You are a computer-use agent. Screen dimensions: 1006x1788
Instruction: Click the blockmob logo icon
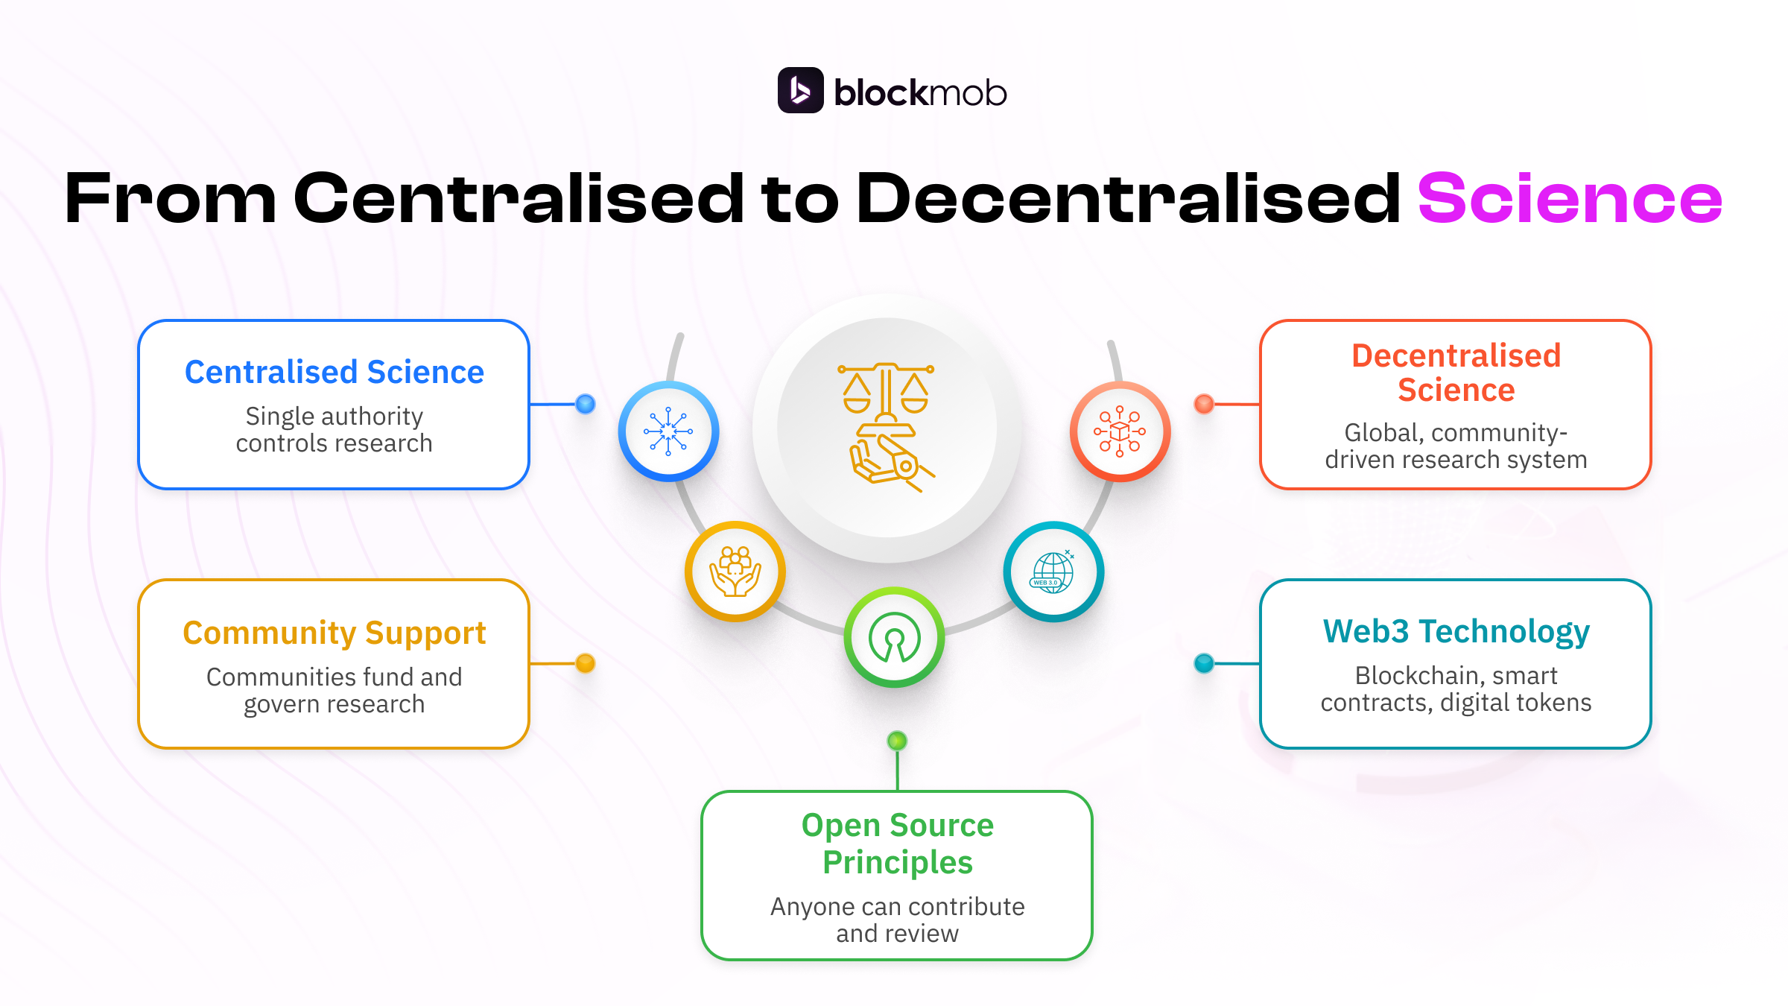click(800, 90)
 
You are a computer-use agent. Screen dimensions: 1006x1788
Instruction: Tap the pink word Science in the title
click(1570, 198)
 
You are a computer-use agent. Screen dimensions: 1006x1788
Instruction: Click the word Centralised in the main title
click(519, 198)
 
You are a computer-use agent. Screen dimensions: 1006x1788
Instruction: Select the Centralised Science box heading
click(335, 372)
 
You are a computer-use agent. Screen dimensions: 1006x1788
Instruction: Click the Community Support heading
click(335, 633)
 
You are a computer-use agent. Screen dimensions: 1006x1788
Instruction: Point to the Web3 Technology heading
click(1456, 631)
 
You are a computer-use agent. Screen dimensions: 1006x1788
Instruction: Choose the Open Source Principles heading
click(897, 844)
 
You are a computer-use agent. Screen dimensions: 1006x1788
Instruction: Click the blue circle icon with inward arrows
click(668, 431)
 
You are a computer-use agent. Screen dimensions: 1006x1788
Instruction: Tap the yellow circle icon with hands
click(735, 572)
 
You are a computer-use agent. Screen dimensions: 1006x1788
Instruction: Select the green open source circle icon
click(894, 638)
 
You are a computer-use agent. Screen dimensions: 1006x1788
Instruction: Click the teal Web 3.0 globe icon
click(1053, 572)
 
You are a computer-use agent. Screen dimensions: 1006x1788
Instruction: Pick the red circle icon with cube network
click(1120, 431)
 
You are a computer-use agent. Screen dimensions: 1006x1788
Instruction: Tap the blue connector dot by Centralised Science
click(586, 404)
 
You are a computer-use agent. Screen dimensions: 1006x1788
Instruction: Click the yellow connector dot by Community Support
click(586, 663)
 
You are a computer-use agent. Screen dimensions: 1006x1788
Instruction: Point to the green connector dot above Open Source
click(897, 741)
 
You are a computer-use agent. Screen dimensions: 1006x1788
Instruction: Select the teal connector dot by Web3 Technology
click(1204, 663)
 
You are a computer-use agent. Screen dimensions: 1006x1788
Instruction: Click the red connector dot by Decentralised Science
click(1204, 404)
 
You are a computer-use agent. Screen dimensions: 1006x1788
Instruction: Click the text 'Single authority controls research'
click(335, 430)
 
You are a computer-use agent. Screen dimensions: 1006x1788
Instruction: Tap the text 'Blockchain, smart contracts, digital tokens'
click(1456, 689)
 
